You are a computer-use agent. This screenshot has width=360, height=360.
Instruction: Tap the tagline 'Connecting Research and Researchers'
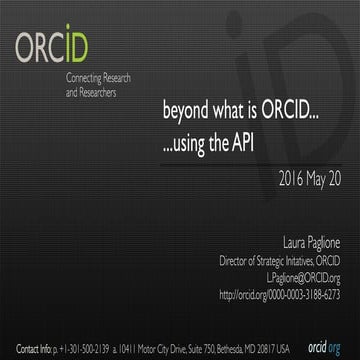pos(97,85)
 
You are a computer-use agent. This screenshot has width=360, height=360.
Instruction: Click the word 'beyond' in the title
pos(186,111)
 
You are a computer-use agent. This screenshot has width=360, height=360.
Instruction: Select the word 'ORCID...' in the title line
pos(290,111)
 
